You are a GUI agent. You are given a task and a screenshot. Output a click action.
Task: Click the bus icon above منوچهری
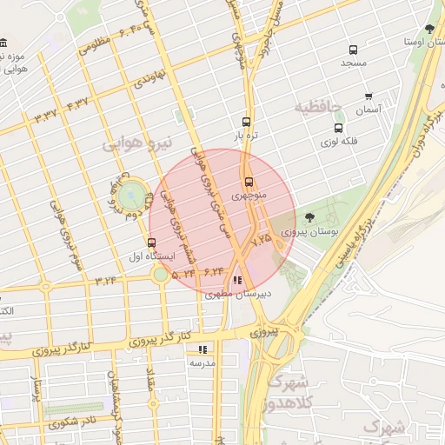[249, 182]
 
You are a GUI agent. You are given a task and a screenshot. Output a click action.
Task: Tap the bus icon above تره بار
[246, 123]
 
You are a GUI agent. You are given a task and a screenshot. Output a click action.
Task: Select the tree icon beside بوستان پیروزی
[311, 216]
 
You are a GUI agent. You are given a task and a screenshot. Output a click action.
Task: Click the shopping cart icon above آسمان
[369, 96]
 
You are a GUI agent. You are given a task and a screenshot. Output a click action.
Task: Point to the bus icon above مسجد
[353, 50]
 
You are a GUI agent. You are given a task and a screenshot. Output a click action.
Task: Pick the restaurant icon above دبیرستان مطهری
[237, 280]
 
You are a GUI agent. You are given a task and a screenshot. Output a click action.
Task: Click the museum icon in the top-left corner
[3, 43]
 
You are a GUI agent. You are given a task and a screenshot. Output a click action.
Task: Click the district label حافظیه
[317, 108]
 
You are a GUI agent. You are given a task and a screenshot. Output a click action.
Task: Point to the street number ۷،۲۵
[261, 236]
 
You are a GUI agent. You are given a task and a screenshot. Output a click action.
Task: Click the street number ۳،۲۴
[106, 280]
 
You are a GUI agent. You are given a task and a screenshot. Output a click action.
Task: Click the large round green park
[131, 195]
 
